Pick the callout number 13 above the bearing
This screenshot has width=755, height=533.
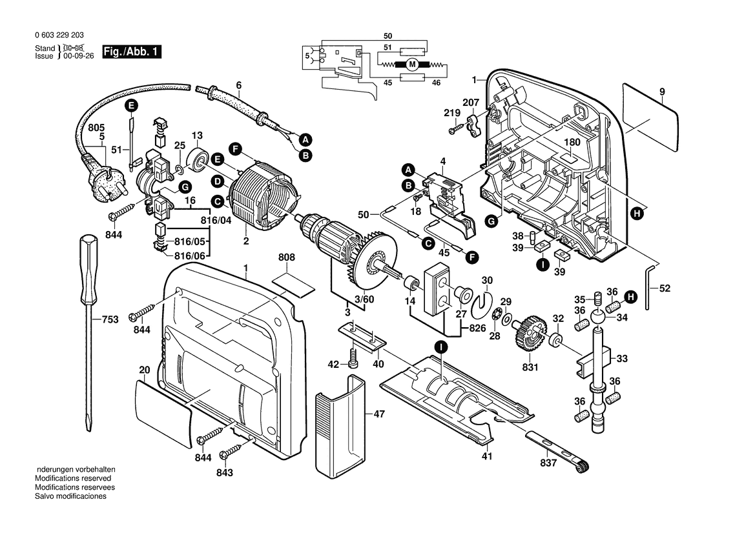(x=197, y=136)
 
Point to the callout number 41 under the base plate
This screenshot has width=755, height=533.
(x=486, y=456)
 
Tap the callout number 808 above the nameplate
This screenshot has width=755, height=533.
(x=286, y=257)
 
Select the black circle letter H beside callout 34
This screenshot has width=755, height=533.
(x=631, y=296)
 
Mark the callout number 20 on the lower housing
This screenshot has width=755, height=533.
(x=144, y=370)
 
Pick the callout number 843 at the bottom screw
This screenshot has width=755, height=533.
(x=224, y=472)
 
